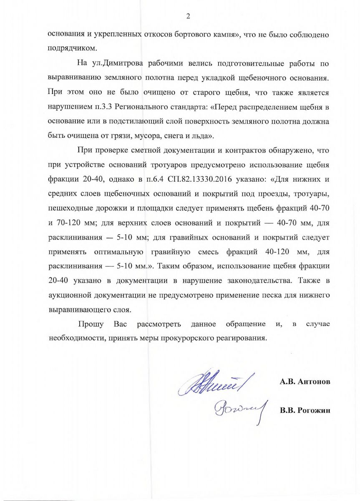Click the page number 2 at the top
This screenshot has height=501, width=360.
188,16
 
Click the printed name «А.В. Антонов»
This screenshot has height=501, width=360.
305,382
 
